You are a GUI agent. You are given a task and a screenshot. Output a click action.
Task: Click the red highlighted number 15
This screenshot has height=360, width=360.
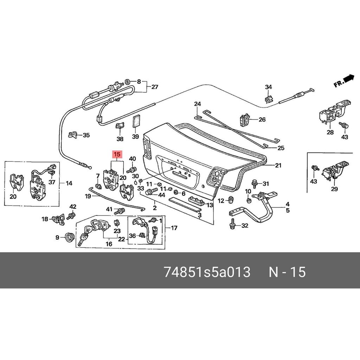point(117,154)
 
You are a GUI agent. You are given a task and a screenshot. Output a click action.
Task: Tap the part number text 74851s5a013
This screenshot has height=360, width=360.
point(207,272)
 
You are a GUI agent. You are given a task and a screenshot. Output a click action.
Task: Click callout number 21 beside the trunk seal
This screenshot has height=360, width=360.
point(278,166)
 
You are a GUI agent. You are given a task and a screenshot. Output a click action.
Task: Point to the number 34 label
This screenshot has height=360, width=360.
point(269,87)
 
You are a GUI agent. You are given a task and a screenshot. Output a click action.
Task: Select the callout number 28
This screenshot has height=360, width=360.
point(330,133)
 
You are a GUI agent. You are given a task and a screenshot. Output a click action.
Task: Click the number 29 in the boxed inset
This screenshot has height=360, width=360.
point(334,189)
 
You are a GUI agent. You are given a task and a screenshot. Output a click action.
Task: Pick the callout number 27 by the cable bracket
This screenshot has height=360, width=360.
point(155,87)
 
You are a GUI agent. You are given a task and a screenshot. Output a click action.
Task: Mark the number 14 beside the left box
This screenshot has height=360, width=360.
point(69,183)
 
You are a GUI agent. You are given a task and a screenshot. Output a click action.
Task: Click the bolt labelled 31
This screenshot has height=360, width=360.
point(255,183)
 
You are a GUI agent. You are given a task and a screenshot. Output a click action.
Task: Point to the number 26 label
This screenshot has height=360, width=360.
point(262,120)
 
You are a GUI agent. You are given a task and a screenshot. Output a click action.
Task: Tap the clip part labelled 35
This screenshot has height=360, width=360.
point(73,134)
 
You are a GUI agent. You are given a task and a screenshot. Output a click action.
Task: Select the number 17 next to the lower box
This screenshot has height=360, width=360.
point(174,228)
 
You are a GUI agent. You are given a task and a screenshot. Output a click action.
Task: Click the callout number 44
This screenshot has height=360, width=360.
point(161,194)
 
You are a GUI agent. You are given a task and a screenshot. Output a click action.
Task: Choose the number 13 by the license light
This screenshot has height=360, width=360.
point(210,205)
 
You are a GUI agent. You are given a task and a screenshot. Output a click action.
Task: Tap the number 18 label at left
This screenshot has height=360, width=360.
point(45,219)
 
